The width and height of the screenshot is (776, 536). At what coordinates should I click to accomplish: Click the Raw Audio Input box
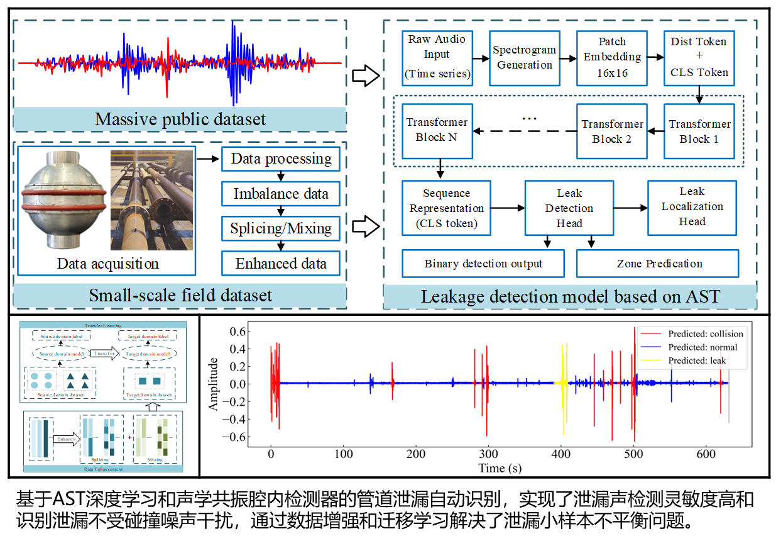click(x=437, y=57)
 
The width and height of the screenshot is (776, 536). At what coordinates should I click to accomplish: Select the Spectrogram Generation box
click(x=524, y=57)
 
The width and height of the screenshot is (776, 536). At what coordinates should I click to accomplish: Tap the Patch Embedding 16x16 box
click(x=611, y=57)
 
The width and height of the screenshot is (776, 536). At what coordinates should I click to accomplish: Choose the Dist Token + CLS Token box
click(x=699, y=57)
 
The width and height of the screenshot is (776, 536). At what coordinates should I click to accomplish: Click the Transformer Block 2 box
click(x=611, y=131)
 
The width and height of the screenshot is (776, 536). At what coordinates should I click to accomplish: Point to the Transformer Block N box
click(x=437, y=130)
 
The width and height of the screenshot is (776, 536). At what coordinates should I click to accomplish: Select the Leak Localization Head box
click(x=692, y=206)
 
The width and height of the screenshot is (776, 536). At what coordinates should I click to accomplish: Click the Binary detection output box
click(x=483, y=264)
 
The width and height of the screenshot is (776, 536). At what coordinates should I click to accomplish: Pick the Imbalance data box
click(x=281, y=194)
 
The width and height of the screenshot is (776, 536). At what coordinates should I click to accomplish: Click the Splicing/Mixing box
click(x=281, y=228)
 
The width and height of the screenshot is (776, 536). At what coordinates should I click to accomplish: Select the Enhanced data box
click(x=281, y=264)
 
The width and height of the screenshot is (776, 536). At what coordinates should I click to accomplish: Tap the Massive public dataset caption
click(x=180, y=119)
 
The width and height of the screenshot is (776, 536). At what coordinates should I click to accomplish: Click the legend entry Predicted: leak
click(x=697, y=360)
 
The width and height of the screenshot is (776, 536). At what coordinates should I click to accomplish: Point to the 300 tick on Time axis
click(x=488, y=454)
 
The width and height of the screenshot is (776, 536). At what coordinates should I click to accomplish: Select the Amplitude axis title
click(x=214, y=384)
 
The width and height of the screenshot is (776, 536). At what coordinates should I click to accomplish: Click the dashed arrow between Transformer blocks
click(x=525, y=131)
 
